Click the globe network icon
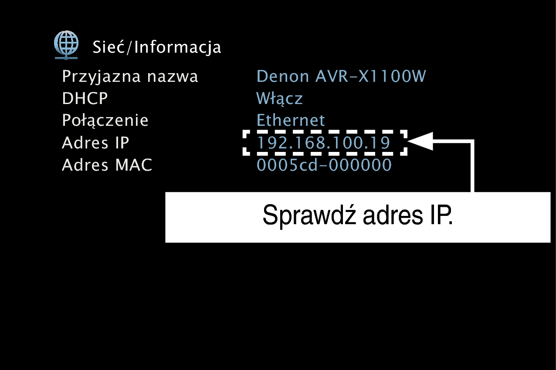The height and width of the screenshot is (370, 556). point(66,45)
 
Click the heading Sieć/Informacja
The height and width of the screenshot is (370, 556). point(156,47)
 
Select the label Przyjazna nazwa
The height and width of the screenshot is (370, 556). point(130,77)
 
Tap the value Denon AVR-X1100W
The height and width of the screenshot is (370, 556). point(341,76)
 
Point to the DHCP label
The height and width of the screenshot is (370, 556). point(85,98)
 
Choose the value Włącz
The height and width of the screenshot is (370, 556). point(279,98)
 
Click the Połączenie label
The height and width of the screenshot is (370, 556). point(105,121)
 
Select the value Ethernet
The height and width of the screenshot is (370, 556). point(290,120)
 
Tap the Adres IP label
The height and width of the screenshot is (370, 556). point(95,143)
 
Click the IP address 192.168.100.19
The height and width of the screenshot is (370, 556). point(323,143)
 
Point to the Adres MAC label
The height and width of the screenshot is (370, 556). point(107,165)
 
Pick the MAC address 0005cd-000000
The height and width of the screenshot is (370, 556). point(324,165)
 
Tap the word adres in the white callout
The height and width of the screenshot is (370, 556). point(393,215)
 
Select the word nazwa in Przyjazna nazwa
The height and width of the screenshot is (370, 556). point(173,77)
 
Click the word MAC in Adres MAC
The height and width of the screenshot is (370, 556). point(133,165)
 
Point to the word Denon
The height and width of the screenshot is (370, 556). point(282,76)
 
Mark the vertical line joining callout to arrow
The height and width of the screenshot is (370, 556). point(472,166)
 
